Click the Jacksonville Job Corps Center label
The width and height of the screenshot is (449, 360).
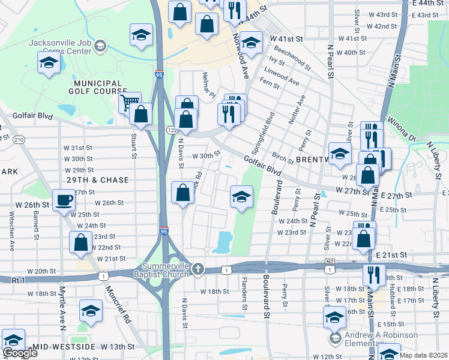tap(63, 45)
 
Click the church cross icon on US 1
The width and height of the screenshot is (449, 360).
tap(198, 269)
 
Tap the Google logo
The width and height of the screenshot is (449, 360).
tap(20, 353)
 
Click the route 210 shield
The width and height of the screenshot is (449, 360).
tap(19, 140)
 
